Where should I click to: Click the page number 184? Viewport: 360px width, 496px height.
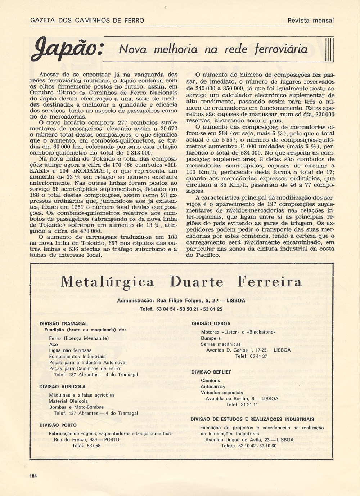pyautogui.click(x=33, y=476)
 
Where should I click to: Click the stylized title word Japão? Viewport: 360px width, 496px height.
pyautogui.click(x=67, y=49)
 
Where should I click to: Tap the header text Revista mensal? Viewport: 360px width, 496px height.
pyautogui.click(x=311, y=21)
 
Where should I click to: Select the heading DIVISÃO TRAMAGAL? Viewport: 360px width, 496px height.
pyautogui.click(x=64, y=323)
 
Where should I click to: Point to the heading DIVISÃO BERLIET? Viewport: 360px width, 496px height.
pyautogui.click(x=211, y=372)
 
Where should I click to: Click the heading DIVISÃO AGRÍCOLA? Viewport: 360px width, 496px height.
pyautogui.click(x=63, y=386)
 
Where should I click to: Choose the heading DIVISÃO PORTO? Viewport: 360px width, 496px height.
pyautogui.click(x=58, y=425)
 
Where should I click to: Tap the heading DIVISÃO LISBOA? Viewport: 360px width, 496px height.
pyautogui.click(x=211, y=323)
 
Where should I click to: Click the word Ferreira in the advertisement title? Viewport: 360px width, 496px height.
pyautogui.click(x=269, y=282)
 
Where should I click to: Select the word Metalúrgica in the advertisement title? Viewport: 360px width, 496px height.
pyautogui.click(x=107, y=282)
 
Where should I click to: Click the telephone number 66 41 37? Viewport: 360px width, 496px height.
pyautogui.click(x=256, y=356)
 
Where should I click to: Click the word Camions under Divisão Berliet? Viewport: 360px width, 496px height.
pyautogui.click(x=211, y=380)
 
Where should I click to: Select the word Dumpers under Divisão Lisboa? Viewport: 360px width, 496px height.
pyautogui.click(x=211, y=338)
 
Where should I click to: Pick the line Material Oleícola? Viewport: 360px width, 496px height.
pyautogui.click(x=68, y=401)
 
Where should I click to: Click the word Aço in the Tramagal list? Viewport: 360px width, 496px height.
pyautogui.click(x=54, y=344)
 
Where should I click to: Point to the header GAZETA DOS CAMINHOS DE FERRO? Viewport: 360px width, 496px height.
pyautogui.click(x=87, y=21)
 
